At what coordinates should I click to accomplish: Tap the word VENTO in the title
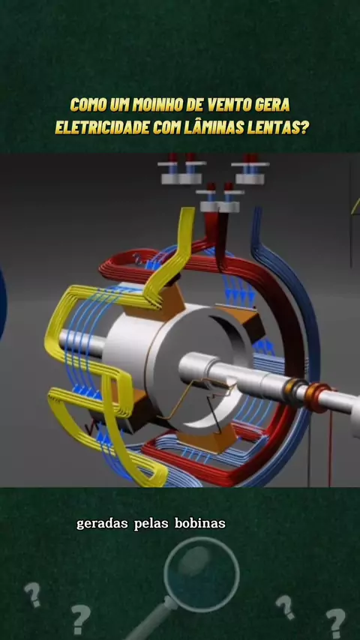[230, 106]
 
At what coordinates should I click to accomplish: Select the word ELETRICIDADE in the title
[102, 127]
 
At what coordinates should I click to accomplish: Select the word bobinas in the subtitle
[199, 524]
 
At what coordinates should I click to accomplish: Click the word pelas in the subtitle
[151, 524]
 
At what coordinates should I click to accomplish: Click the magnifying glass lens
[202, 574]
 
